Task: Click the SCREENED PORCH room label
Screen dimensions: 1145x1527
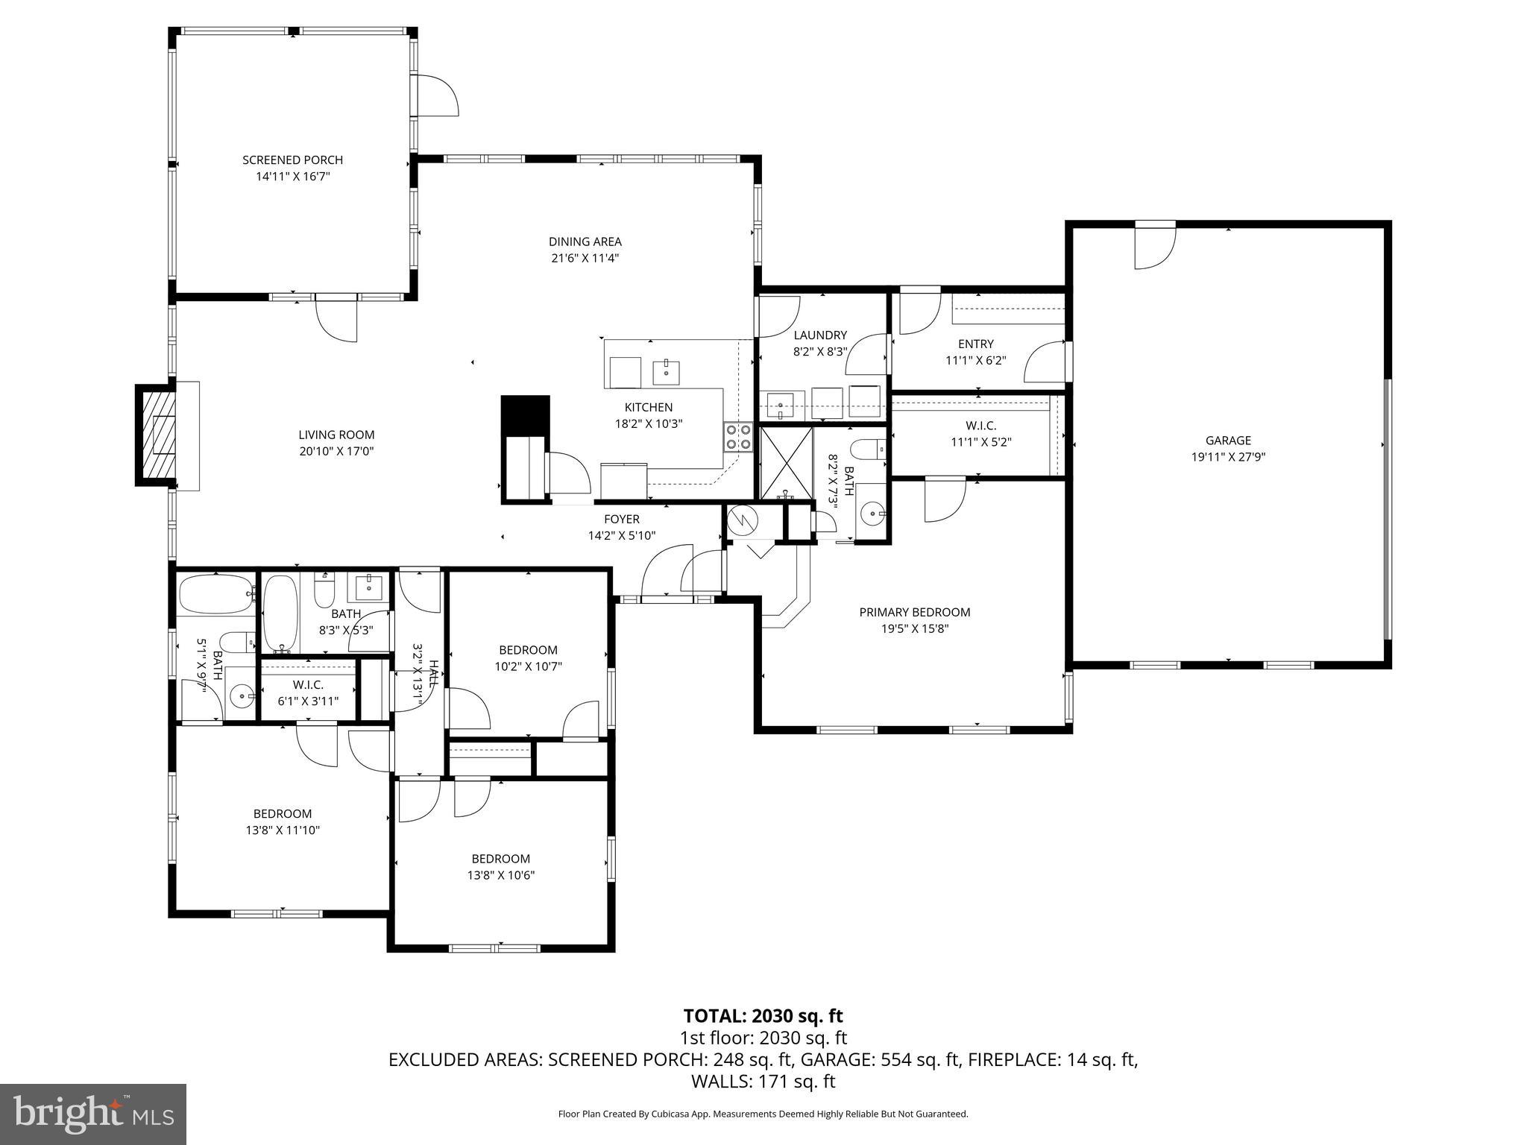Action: point(292,160)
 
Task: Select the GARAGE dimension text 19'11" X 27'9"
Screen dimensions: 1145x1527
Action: point(1228,457)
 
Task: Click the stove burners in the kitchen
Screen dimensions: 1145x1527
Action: point(738,437)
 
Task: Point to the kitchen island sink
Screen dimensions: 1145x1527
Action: point(666,370)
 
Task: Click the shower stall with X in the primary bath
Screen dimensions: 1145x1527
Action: point(786,463)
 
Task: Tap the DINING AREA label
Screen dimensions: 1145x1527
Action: point(585,242)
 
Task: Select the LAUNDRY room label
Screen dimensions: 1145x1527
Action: point(819,335)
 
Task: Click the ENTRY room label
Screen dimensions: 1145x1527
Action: point(975,344)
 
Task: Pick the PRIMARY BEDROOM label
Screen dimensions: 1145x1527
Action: point(914,612)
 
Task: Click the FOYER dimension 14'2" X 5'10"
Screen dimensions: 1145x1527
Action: point(621,535)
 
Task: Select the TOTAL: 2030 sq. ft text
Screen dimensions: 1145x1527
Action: point(763,1015)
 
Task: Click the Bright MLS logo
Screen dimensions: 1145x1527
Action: point(93,1114)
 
